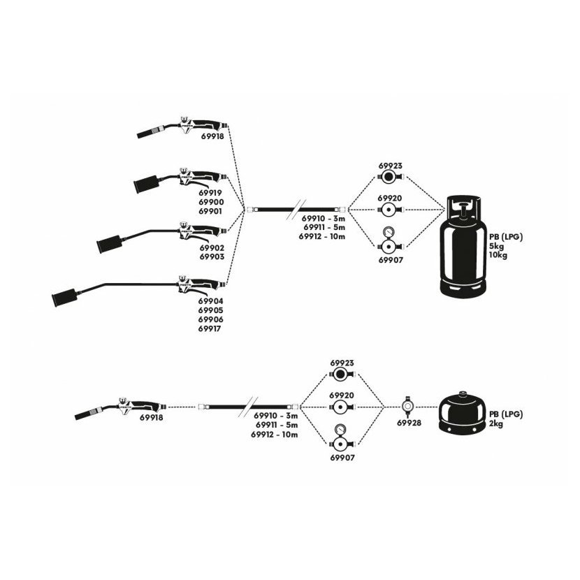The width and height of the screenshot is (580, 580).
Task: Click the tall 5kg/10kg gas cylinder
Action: [x=463, y=247]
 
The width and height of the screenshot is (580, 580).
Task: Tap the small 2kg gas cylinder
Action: [x=462, y=413]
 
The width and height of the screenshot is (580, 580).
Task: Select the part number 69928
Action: [x=409, y=423]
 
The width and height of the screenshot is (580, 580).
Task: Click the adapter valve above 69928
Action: [x=407, y=406]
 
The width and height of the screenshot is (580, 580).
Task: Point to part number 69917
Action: [x=210, y=328]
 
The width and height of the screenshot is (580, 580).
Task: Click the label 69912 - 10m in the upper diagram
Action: [x=322, y=236]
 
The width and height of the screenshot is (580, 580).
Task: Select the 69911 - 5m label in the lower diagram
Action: [x=276, y=425]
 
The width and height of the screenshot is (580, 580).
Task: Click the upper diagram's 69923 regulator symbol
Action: [x=388, y=177]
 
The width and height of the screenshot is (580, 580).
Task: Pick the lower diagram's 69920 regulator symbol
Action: [x=340, y=407]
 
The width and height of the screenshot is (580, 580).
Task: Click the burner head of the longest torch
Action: [x=64, y=298]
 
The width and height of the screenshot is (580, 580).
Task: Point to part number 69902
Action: [x=212, y=248]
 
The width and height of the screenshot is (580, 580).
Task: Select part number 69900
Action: [x=211, y=202]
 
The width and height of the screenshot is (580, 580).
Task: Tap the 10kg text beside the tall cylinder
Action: [x=498, y=255]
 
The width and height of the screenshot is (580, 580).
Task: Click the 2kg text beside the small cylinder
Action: [x=496, y=423]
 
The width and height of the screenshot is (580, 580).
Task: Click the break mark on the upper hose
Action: [x=296, y=210]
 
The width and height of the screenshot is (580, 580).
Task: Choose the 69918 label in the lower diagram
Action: [x=151, y=417]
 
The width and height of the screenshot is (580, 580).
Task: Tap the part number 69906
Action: [x=210, y=319]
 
